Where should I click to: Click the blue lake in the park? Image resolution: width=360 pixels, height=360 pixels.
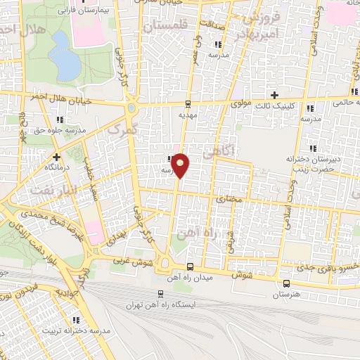pyautogui.click(x=65, y=56)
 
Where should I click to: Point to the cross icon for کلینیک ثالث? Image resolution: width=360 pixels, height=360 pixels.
pyautogui.click(x=275, y=95)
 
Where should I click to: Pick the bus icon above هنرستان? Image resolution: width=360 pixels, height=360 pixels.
pyautogui.click(x=285, y=283)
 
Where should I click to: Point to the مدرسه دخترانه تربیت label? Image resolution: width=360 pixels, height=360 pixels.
pyautogui.click(x=77, y=330)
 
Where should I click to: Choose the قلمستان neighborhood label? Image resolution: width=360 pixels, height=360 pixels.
pyautogui.click(x=167, y=26)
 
